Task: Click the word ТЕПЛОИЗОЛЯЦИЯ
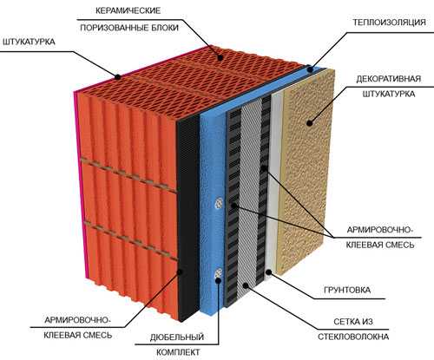point(389,23)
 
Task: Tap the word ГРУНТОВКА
point(347,290)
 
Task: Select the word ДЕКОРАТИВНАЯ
point(388,79)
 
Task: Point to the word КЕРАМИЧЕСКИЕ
point(128,11)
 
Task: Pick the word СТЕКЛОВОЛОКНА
point(353,337)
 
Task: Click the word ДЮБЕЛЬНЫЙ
point(177,337)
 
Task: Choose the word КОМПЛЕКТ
point(178,352)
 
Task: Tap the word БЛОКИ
point(165,28)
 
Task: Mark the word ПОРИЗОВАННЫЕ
point(115,28)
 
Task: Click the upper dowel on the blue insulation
point(219,203)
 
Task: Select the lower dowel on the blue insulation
point(219,273)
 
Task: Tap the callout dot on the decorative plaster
point(310,123)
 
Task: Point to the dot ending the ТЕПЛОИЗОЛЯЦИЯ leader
point(310,69)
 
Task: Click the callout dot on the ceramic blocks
point(220,57)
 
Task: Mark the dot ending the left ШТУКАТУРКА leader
point(118,77)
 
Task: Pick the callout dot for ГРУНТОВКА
point(269,272)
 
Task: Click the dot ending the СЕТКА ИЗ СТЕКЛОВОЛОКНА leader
point(246,285)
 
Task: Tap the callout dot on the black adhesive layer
point(180,272)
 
